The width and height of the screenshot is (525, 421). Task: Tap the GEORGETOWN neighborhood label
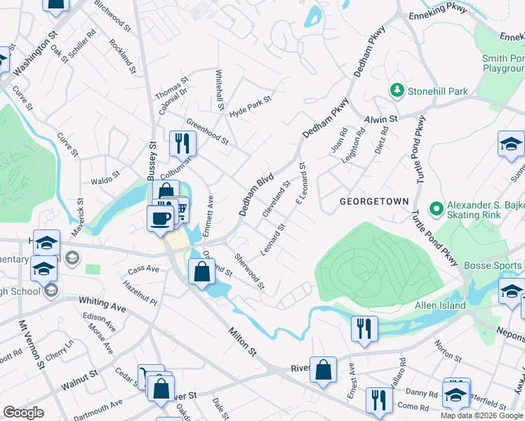pyautogui.click(x=374, y=201)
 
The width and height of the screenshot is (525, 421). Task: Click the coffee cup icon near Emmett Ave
pyautogui.click(x=160, y=217)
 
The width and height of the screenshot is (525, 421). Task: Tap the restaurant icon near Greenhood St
pyautogui.click(x=182, y=143)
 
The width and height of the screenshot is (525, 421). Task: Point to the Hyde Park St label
pyautogui.click(x=250, y=103)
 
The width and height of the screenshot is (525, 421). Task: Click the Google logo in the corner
pyautogui.click(x=23, y=413)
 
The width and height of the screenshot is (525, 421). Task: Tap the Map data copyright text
pyautogui.click(x=481, y=415)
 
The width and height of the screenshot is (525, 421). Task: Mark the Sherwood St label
pyautogui.click(x=250, y=271)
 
